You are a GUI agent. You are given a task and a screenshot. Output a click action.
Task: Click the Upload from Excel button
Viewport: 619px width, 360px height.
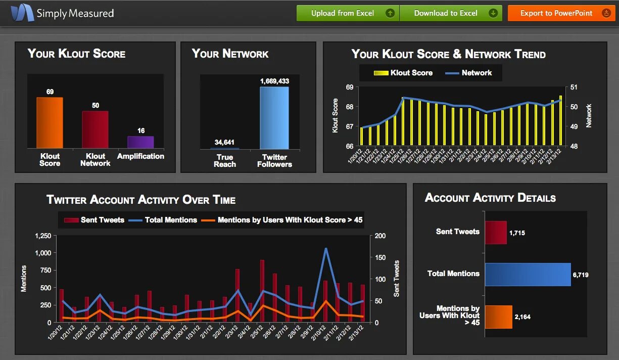pyautogui.click(x=347, y=13)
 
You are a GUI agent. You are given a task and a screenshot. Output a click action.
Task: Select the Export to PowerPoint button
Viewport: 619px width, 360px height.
pyautogui.click(x=561, y=13)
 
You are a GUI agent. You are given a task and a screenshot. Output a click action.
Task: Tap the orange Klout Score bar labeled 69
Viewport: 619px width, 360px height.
pyautogui.click(x=50, y=123)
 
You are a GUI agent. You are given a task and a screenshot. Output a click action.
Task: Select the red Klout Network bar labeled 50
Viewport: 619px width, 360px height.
pyautogui.click(x=95, y=129)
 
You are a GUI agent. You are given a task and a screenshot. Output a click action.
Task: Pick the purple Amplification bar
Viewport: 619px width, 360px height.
pyautogui.click(x=140, y=142)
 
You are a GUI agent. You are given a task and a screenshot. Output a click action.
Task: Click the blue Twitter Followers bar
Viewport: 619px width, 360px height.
pyautogui.click(x=274, y=118)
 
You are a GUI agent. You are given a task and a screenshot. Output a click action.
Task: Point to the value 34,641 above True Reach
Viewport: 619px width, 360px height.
pyautogui.click(x=224, y=142)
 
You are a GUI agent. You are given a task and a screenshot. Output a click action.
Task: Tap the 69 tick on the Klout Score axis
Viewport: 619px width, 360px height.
pyautogui.click(x=350, y=87)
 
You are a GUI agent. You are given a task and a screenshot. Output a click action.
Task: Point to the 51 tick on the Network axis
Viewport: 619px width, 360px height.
pyautogui.click(x=573, y=87)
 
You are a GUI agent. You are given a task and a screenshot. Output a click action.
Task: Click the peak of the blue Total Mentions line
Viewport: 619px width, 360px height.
pyautogui.click(x=326, y=249)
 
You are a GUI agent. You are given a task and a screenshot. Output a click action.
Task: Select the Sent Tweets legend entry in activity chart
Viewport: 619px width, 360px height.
pyautogui.click(x=95, y=220)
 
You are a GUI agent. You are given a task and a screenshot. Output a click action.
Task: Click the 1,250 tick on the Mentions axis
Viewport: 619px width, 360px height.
pyautogui.click(x=43, y=236)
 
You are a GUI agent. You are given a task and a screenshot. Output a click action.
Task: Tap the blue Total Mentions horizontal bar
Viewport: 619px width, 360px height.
pyautogui.click(x=528, y=275)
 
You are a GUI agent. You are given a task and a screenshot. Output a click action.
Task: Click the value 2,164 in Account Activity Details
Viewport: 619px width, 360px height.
pyautogui.click(x=522, y=317)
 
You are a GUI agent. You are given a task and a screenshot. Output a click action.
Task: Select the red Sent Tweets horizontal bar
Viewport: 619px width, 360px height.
pyautogui.click(x=495, y=233)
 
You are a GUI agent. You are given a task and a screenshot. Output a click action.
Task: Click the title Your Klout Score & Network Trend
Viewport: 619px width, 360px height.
pyautogui.click(x=448, y=54)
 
